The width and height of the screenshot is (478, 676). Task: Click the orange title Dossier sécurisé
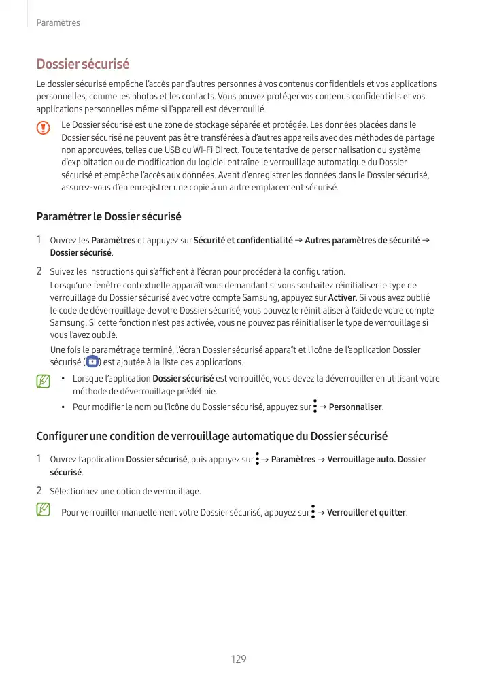82,65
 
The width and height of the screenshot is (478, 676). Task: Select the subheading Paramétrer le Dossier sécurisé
108,217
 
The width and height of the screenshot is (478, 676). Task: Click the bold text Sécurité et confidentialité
243,240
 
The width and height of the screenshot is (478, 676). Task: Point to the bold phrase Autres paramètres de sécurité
361,240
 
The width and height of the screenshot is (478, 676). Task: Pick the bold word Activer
342,298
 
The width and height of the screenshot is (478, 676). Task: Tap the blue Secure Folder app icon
92,361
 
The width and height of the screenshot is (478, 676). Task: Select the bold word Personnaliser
356,408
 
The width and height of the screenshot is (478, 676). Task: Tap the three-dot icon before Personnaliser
315,407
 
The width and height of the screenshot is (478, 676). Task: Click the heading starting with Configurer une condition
211,436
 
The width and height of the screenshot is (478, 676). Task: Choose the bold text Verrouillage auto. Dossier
376,460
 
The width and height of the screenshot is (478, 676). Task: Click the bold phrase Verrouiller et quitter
366,512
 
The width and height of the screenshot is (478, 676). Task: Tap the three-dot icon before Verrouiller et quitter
313,511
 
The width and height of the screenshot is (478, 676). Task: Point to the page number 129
239,659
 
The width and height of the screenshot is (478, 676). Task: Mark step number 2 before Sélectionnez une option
40,490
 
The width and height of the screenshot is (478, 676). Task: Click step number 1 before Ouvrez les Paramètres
40,240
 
